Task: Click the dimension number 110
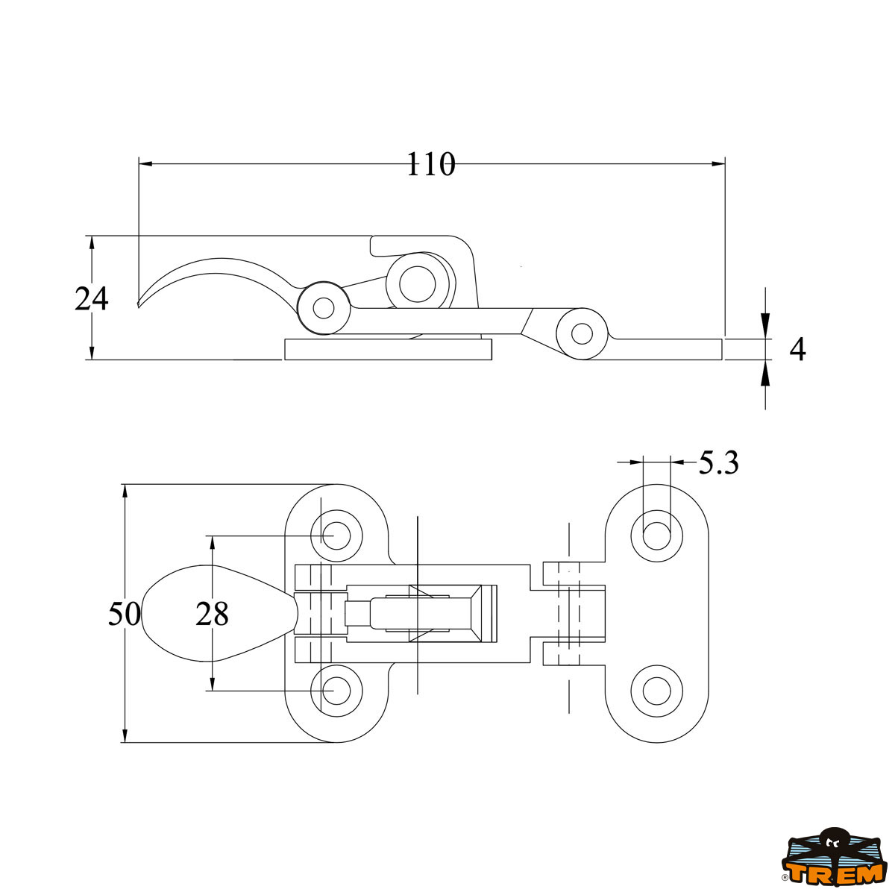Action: coord(430,165)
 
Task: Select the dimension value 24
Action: coord(92,299)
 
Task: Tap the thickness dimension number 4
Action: coord(797,350)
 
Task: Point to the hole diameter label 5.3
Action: coord(718,464)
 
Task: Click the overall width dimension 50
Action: coord(124,615)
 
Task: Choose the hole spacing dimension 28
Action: coord(212,615)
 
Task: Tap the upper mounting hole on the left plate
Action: coord(337,535)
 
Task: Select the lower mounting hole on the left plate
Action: coord(337,691)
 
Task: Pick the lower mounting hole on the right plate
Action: coord(657,691)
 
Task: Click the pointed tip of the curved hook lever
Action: coord(139,304)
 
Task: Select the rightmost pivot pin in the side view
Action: coord(582,333)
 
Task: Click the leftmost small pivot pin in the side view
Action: coord(324,307)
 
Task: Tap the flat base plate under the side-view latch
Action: coord(388,349)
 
